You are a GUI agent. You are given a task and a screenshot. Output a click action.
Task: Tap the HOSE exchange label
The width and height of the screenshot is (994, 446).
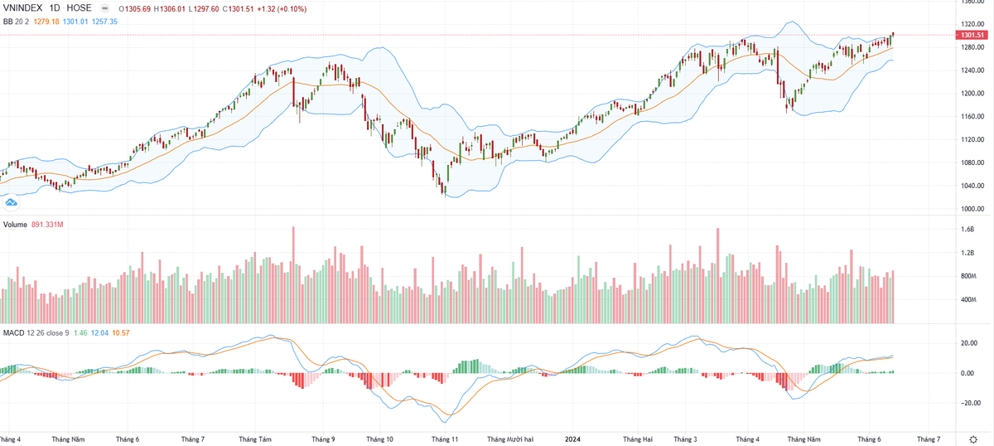point(80,7)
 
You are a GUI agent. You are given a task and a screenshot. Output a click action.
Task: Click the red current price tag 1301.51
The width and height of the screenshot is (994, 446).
point(970,36)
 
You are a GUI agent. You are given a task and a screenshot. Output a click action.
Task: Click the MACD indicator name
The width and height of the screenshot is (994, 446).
point(13,332)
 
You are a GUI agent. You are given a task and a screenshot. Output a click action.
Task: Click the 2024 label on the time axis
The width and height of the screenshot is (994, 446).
point(570,439)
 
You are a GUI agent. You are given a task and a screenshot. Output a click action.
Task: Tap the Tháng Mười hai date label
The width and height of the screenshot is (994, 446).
point(509,439)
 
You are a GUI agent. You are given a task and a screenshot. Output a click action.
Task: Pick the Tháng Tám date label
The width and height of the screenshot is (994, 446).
point(254,439)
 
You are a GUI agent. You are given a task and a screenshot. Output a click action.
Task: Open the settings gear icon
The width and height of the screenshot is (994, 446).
point(972,439)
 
